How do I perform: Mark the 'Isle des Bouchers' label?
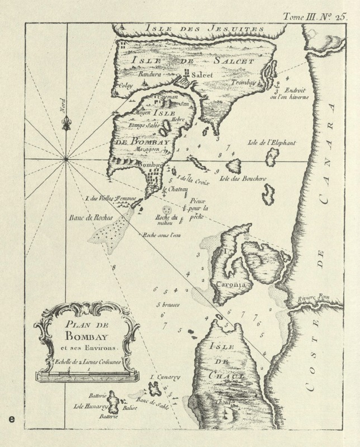coord(242,178)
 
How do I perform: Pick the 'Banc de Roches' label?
coord(91,217)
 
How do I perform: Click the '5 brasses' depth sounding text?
coord(167,306)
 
